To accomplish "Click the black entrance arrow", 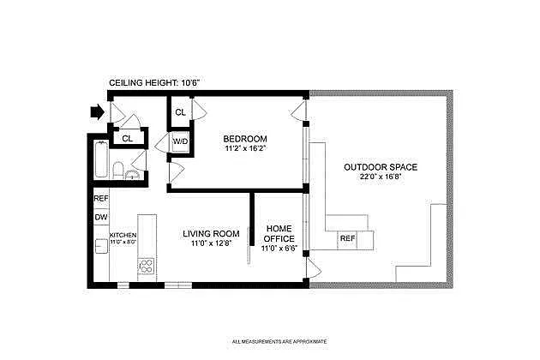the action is click(97, 112).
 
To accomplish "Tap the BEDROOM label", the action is click(245, 139).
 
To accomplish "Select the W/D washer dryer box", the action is click(180, 141).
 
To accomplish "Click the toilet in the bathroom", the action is click(117, 170).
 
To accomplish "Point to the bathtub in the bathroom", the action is click(101, 159).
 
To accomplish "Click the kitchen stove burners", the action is click(147, 267).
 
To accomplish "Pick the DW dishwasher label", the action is click(101, 218).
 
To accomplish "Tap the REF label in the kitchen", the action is click(101, 199).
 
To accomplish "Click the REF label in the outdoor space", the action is click(347, 238).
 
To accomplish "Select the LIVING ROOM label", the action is click(211, 233).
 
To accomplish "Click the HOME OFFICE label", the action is click(279, 233).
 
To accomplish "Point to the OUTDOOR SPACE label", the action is click(381, 167).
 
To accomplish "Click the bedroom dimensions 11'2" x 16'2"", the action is click(245, 149).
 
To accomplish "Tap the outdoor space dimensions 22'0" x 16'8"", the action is click(381, 177).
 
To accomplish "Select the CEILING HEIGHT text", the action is click(154, 82).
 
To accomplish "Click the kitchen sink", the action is click(101, 246).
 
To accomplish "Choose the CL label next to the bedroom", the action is click(180, 112).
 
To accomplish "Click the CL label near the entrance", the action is click(127, 139).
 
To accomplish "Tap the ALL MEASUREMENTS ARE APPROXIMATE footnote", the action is click(279, 342).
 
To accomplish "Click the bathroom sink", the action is click(132, 175).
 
